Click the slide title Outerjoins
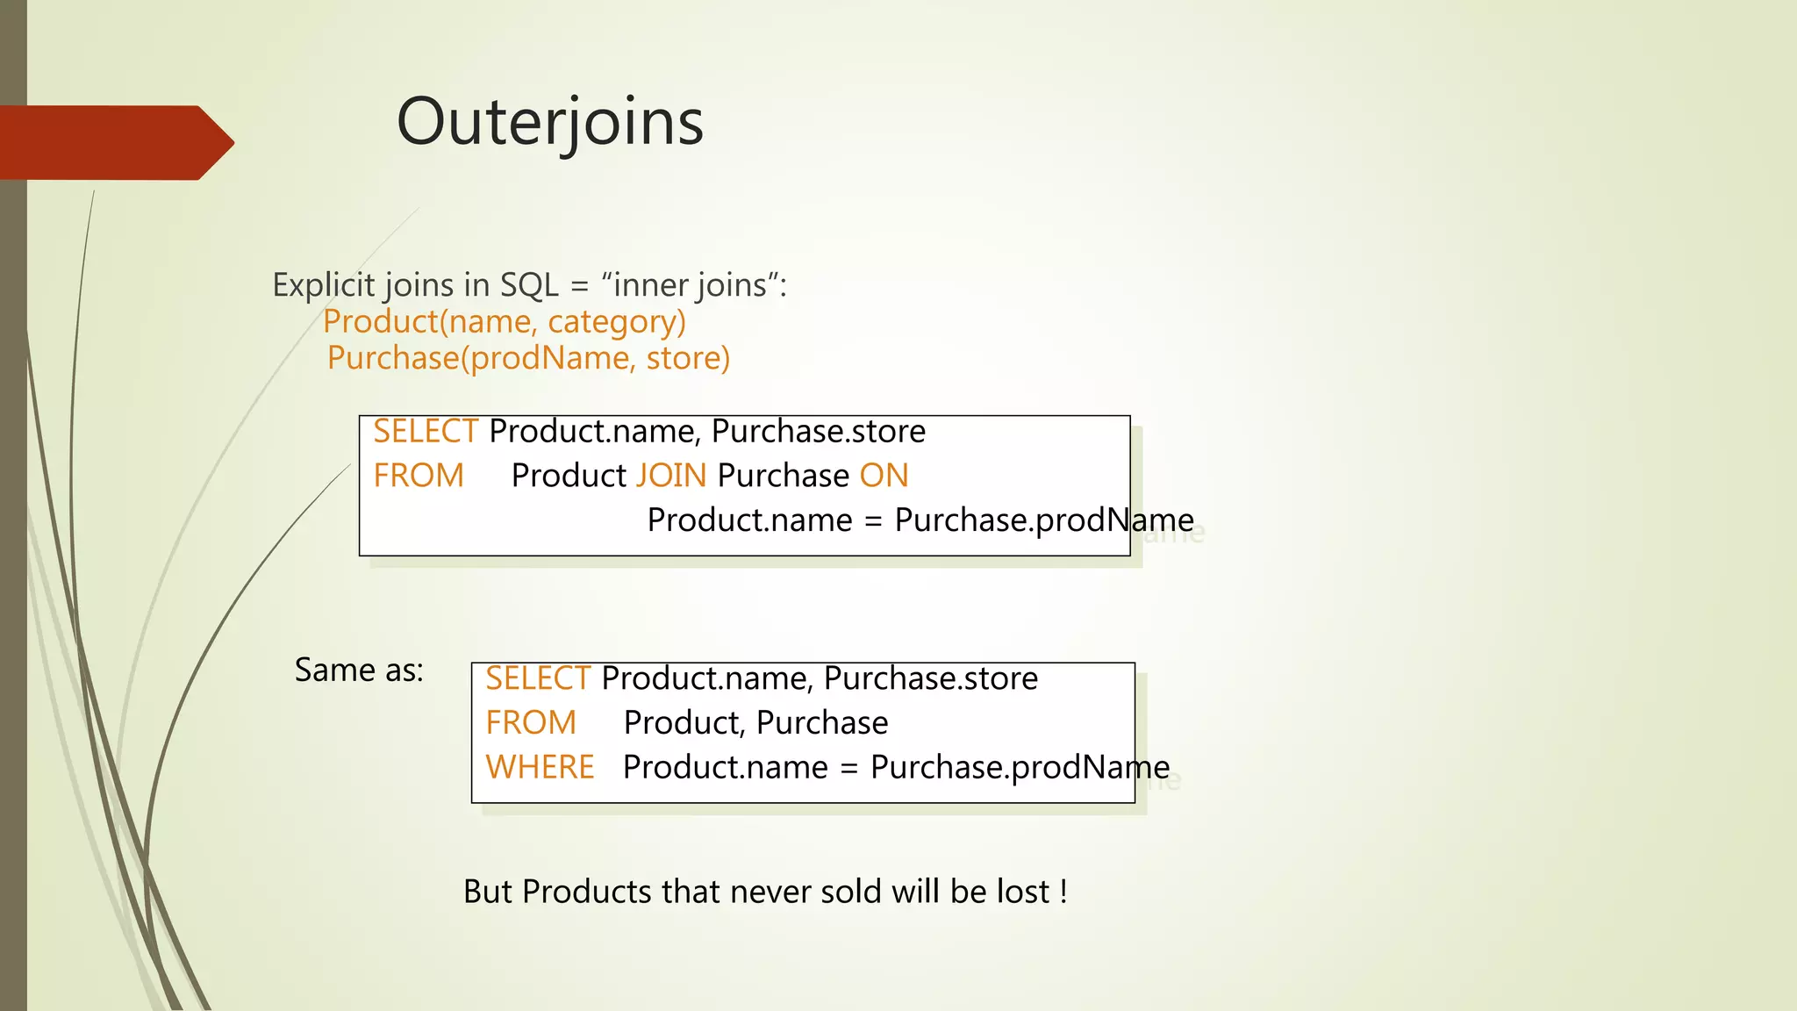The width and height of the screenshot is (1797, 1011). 549,122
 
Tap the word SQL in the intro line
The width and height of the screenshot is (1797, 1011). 528,285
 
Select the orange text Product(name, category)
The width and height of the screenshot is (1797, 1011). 504,322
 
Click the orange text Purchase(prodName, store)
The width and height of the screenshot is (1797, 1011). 528,358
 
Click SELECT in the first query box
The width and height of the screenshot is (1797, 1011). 425,432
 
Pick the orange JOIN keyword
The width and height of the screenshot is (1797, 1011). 670,476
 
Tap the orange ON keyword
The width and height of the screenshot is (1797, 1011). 884,476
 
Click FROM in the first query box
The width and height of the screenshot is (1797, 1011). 419,476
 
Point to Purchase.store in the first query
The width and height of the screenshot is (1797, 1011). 818,432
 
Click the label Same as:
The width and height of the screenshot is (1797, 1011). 359,670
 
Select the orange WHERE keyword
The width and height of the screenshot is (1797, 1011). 540,768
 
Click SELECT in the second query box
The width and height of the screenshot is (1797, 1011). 537,678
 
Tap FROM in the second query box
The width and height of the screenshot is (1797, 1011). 531,723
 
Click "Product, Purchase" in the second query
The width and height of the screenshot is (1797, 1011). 755,723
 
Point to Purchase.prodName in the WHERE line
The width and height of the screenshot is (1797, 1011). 1020,768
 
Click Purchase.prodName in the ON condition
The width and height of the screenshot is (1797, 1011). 1044,520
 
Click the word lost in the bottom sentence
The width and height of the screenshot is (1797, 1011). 1023,892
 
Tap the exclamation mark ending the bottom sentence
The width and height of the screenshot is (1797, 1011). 1063,892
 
